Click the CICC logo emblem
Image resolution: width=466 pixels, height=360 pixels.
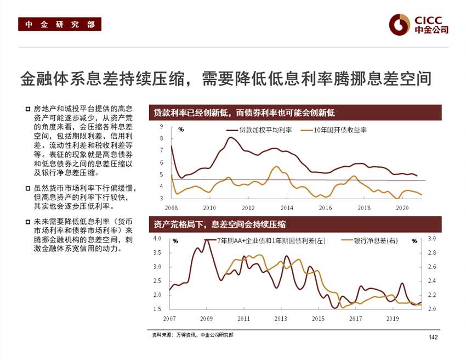400,24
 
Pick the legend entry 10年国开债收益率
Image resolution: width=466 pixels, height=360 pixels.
340,130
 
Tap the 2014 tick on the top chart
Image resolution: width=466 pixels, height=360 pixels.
287,208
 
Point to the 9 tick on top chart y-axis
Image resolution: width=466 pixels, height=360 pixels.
162,126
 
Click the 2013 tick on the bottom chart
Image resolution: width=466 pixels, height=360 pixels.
281,318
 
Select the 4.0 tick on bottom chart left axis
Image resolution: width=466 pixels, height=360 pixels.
157,239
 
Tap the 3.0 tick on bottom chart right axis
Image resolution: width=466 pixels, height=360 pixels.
431,239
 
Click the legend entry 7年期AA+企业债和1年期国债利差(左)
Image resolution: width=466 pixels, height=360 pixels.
271,240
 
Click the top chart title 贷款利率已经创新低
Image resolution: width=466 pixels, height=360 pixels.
244,113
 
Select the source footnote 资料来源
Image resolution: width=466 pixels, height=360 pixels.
192,334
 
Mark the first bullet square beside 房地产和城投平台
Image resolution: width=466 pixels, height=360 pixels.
28,109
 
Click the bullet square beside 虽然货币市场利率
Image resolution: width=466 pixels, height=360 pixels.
28,189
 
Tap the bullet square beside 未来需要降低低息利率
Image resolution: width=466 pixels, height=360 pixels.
28,222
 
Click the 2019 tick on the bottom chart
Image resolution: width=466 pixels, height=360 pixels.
393,318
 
